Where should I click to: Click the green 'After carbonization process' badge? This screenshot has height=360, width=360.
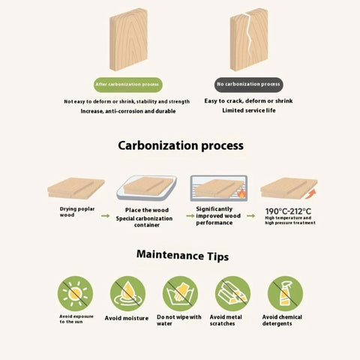point(128,85)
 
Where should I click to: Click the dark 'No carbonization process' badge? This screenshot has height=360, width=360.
point(248,85)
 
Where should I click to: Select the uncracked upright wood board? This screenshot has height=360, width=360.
point(128,40)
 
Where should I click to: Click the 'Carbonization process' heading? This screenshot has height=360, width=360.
point(181,145)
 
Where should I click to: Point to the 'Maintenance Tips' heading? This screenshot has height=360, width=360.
point(182,256)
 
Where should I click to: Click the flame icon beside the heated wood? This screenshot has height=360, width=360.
point(241,193)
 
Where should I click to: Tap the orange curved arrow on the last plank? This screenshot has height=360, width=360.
point(310,194)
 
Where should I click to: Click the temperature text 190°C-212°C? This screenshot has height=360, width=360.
point(288,211)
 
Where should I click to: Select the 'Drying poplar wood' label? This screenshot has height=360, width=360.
point(77,211)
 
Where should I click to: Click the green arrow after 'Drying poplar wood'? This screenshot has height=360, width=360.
point(106,216)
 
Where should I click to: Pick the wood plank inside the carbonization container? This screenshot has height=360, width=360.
point(148,187)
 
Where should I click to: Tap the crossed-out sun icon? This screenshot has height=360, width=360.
point(75,293)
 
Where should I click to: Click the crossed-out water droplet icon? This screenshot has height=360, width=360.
point(127,293)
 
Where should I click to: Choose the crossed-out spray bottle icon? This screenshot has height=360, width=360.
point(285,293)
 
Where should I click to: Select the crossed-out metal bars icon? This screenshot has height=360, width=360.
point(232,293)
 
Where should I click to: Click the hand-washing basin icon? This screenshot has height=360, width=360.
point(180,293)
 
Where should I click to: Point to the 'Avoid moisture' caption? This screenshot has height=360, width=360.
point(127,318)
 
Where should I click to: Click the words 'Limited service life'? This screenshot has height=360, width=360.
point(249,110)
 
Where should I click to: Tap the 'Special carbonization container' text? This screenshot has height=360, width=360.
point(144,222)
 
